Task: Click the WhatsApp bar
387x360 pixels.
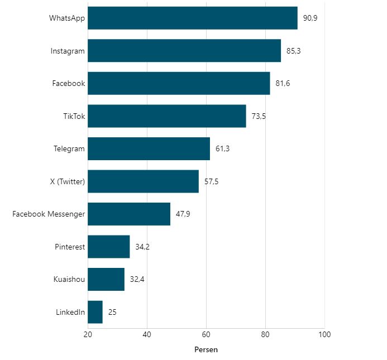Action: [x=193, y=18]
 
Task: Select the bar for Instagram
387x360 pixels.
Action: [x=184, y=51]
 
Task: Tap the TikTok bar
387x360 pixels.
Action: [x=166, y=116]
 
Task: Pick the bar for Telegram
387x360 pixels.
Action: [x=149, y=148]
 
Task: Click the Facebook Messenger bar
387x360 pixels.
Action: [x=129, y=214]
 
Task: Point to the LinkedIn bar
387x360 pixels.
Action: [x=95, y=312]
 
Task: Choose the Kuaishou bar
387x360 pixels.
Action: [x=106, y=279]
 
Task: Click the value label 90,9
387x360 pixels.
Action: [x=310, y=18]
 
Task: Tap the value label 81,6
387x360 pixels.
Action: [x=283, y=84]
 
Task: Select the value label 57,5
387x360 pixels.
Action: [x=211, y=181]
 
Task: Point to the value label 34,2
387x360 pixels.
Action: [x=142, y=247]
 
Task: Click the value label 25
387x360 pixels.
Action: [x=112, y=312]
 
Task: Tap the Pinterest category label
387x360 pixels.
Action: [x=70, y=247]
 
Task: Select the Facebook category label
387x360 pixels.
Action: [x=69, y=84]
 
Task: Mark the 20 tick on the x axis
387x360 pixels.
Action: [x=88, y=334]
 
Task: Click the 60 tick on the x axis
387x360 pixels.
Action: [x=206, y=334]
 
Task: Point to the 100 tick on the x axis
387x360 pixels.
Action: [x=324, y=334]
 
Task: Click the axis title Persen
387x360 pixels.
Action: [x=206, y=350]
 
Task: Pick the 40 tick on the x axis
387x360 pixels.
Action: [x=147, y=334]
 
